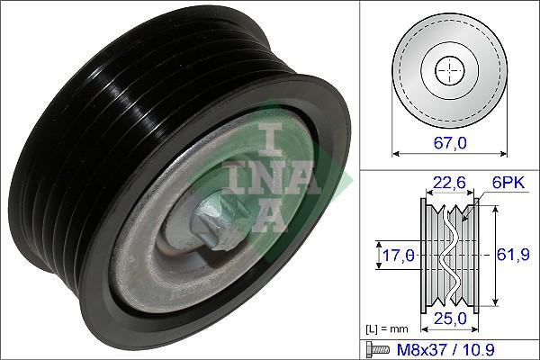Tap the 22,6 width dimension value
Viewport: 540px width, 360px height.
tap(446, 184)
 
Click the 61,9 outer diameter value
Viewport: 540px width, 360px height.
tap(511, 255)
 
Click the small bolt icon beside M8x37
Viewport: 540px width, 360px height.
tap(376, 346)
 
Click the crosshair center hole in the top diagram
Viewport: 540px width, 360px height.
tap(447, 69)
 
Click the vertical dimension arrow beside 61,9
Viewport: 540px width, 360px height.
tap(491, 255)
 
